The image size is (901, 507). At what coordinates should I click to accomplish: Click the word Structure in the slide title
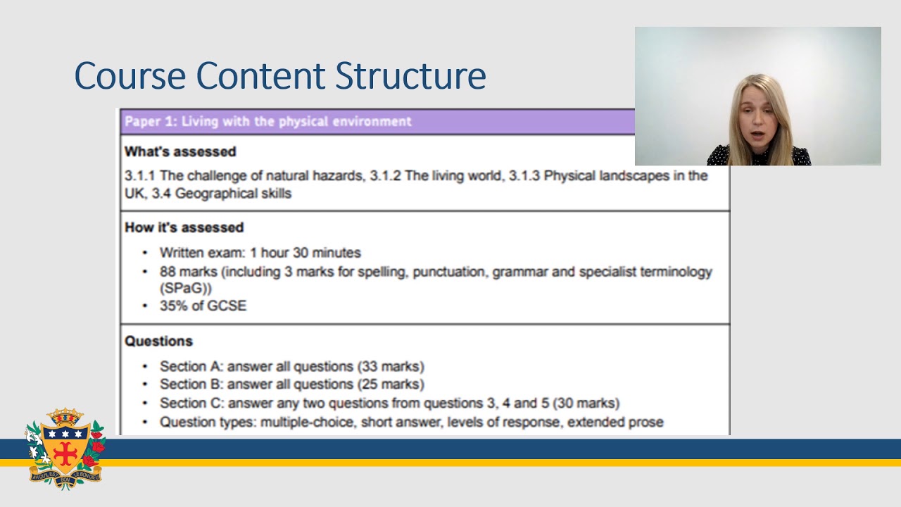410,76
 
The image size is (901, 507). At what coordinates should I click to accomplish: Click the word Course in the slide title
130,76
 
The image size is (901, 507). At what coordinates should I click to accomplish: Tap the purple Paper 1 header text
267,121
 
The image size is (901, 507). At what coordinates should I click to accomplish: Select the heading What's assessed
180,151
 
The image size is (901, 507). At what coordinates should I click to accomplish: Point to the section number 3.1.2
386,175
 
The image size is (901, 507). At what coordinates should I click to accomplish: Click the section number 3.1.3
524,175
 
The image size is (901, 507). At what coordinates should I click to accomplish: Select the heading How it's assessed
184,227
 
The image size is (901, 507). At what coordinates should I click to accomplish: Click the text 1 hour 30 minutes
305,252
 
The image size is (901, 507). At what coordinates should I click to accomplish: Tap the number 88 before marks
168,272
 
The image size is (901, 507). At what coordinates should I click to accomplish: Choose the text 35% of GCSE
203,306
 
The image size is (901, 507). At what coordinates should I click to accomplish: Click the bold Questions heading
158,341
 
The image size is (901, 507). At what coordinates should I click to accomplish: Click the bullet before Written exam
145,253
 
